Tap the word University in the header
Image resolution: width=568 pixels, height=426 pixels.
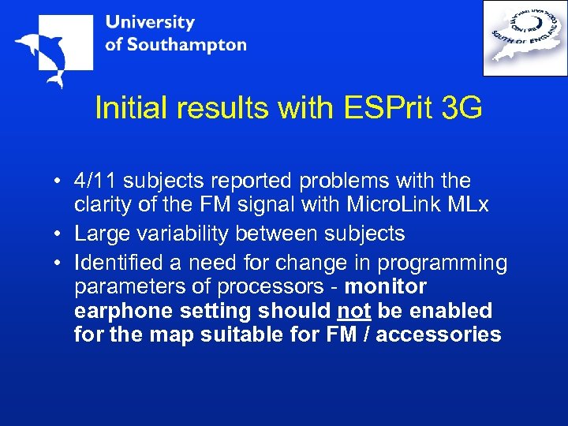150,22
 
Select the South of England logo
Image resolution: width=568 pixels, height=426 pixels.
525,37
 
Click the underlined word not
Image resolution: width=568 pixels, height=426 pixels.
353,310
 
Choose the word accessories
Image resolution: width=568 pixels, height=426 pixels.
439,334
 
